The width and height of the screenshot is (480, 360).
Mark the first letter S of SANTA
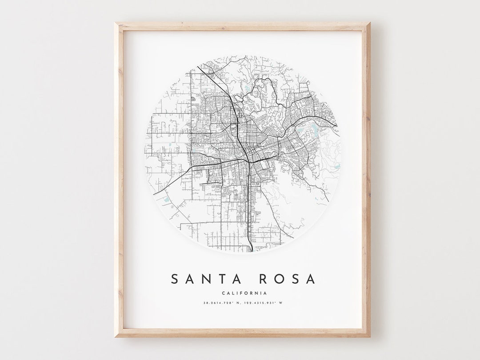tap(176, 279)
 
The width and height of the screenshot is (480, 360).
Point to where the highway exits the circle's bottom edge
tap(252, 251)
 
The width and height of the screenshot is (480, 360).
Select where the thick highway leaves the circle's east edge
tap(337, 126)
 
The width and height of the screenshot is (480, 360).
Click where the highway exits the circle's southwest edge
tap(154, 194)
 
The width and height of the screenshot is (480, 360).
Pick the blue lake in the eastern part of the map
tap(315, 129)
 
